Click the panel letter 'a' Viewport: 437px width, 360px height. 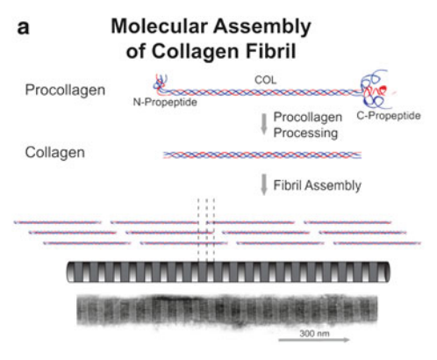(24, 28)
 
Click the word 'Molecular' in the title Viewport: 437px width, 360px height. (160, 26)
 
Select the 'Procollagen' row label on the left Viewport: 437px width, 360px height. (65, 90)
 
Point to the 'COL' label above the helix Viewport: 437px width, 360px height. (265, 80)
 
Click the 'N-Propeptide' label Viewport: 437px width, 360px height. (165, 102)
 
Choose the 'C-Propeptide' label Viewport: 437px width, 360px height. (389, 116)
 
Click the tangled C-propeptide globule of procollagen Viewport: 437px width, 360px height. (376, 90)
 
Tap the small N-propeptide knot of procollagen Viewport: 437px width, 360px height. (160, 83)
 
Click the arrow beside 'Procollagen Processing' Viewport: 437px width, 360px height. (264, 124)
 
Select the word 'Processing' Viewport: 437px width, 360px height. (305, 133)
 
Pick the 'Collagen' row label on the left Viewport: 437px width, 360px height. (55, 153)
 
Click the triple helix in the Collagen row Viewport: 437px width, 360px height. (262, 155)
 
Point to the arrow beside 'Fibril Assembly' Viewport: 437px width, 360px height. (264, 184)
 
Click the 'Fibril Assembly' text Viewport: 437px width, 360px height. (318, 185)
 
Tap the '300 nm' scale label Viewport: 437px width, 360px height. (314, 334)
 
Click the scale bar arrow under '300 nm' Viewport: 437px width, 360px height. (314, 340)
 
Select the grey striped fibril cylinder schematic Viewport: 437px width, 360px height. (228, 272)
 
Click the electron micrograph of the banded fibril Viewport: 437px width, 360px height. (227, 310)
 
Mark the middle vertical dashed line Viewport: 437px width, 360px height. (206, 230)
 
